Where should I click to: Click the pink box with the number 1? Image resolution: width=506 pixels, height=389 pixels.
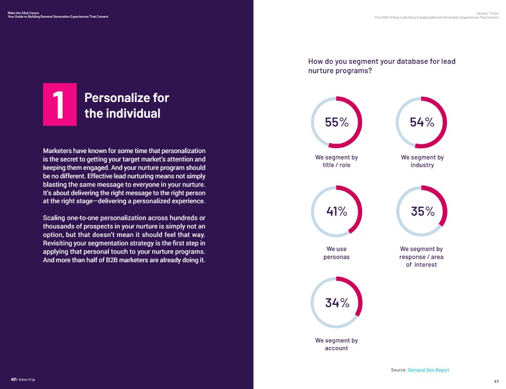click(x=60, y=104)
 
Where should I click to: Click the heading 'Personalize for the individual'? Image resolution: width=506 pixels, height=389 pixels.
click(x=126, y=105)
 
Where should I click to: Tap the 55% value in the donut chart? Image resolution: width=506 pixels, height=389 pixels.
click(x=336, y=122)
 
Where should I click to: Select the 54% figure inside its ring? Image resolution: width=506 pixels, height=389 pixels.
click(x=422, y=122)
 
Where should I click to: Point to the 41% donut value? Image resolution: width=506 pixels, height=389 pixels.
click(x=336, y=212)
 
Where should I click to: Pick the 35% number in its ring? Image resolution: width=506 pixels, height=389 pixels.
click(x=422, y=212)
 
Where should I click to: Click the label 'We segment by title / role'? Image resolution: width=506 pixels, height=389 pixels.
click(x=336, y=161)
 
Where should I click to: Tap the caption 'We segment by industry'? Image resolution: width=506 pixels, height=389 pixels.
click(x=422, y=161)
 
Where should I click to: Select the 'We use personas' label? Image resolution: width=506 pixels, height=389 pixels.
click(x=336, y=253)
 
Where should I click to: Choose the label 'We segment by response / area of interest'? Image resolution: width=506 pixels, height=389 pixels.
click(x=421, y=257)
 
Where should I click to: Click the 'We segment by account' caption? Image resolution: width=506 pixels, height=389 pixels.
click(x=336, y=344)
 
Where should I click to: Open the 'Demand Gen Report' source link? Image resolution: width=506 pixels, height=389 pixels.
click(x=428, y=370)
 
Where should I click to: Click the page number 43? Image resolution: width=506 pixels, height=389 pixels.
click(x=496, y=381)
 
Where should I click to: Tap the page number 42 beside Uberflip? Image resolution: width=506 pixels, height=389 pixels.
click(x=13, y=379)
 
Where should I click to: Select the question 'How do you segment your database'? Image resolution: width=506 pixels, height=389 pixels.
click(x=382, y=66)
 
